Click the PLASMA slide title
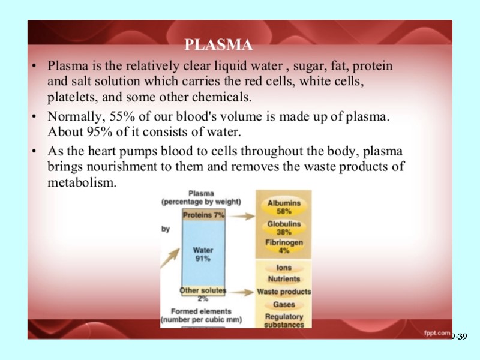(x=218, y=45)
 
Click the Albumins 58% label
(x=284, y=208)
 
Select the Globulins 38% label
(x=284, y=229)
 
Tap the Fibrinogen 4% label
(x=284, y=247)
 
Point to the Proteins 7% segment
(x=203, y=215)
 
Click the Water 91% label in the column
(x=203, y=254)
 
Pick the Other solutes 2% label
(x=203, y=294)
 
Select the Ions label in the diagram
(x=284, y=268)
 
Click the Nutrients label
(x=284, y=279)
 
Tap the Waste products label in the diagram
(x=284, y=292)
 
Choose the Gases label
(x=284, y=305)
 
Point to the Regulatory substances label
(x=284, y=320)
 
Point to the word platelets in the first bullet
(x=68, y=97)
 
